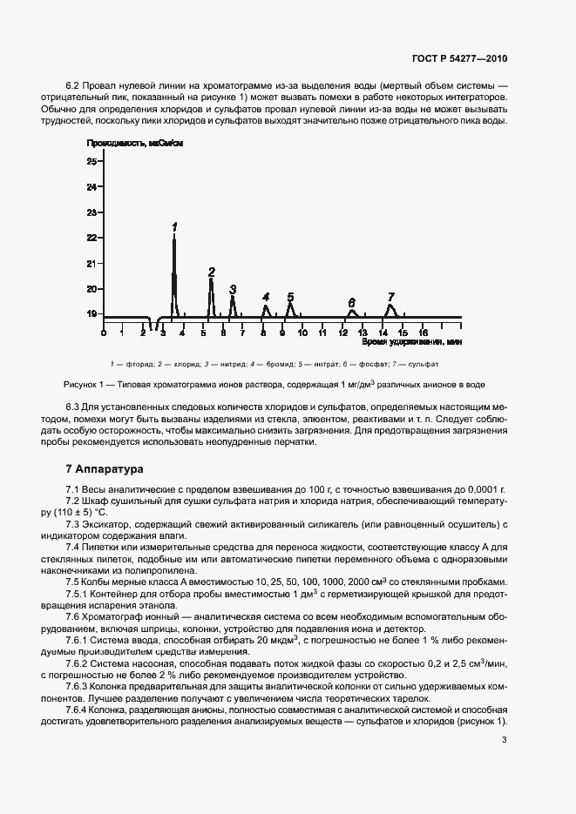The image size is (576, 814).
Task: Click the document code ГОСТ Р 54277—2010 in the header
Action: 458,59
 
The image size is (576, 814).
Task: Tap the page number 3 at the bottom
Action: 505,741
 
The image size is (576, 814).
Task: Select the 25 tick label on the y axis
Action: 91,162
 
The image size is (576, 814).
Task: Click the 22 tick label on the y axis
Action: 91,238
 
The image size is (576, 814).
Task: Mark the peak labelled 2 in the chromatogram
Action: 212,296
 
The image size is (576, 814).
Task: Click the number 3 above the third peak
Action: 233,289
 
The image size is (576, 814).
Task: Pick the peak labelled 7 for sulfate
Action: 391,308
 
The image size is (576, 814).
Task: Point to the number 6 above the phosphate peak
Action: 352,302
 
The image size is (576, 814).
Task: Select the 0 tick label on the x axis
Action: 103,333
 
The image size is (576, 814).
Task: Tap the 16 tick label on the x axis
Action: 423,333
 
